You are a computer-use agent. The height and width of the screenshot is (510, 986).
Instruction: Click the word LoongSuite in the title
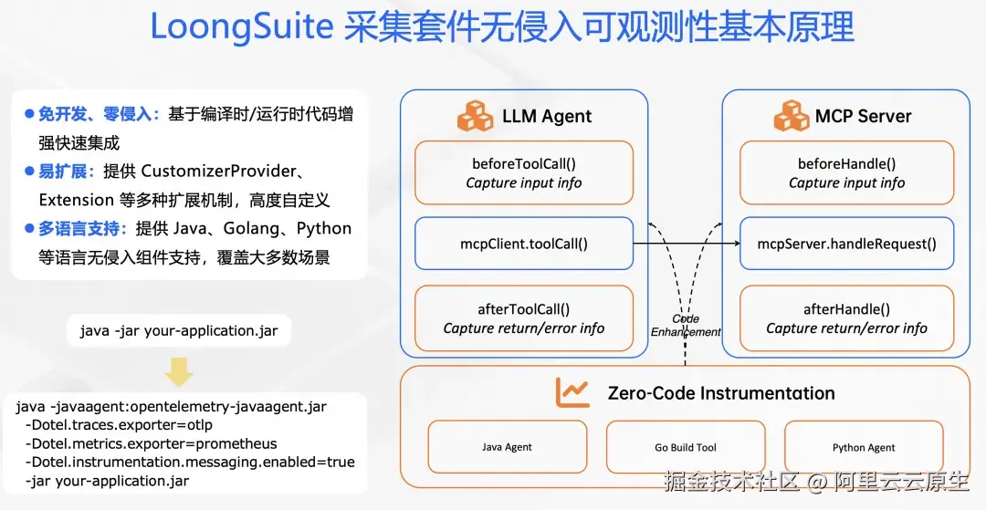click(243, 28)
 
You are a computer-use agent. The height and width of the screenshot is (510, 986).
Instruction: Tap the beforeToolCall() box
click(523, 172)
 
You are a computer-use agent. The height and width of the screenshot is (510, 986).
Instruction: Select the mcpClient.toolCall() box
click(523, 244)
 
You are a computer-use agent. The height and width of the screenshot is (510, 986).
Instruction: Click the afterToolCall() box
click(523, 318)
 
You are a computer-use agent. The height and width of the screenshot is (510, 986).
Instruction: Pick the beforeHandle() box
click(846, 172)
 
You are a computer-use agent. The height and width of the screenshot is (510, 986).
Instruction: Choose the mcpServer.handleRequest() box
click(846, 244)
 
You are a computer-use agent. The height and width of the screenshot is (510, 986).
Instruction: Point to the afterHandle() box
click(846, 318)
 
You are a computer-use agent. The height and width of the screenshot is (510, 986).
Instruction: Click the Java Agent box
click(507, 447)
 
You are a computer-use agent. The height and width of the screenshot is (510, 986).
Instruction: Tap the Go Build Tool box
click(686, 447)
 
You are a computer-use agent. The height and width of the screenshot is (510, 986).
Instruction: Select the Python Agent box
click(864, 447)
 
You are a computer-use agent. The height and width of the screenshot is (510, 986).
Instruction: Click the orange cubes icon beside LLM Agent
click(475, 116)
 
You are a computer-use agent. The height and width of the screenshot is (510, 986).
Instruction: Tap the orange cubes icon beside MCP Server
click(792, 116)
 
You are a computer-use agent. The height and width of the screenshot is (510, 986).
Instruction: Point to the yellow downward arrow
click(178, 370)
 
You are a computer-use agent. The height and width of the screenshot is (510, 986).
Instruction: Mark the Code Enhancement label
click(686, 326)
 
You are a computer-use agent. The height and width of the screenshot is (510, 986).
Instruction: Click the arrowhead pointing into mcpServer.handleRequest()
click(734, 244)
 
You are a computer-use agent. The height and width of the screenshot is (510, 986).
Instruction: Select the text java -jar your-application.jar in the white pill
click(178, 330)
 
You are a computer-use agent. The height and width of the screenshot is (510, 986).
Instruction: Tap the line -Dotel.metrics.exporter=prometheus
click(152, 444)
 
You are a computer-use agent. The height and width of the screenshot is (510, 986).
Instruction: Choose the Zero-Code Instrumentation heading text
click(721, 393)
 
